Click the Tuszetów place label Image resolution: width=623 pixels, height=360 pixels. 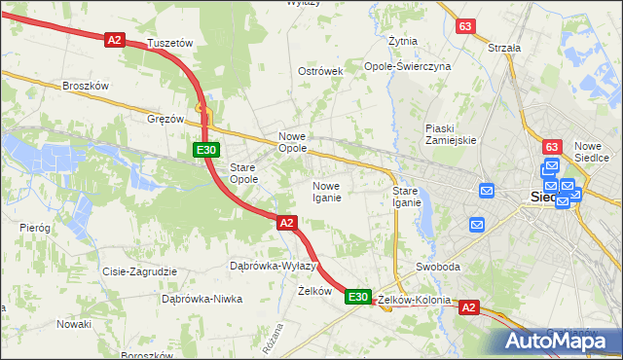170,44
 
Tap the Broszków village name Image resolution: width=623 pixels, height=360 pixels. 85,86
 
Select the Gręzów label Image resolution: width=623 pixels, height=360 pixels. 165,119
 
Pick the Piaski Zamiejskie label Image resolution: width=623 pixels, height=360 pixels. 451,134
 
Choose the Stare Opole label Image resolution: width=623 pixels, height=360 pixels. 243,173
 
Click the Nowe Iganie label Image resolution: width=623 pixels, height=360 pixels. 326,192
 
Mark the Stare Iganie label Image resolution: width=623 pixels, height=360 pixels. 406,197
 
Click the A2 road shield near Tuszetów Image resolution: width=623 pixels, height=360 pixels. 115,39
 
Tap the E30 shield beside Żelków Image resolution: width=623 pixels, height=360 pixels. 358,297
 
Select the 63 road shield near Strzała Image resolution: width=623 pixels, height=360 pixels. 465,25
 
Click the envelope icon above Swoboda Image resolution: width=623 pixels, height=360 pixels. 477,225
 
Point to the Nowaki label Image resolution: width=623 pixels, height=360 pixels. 73,323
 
